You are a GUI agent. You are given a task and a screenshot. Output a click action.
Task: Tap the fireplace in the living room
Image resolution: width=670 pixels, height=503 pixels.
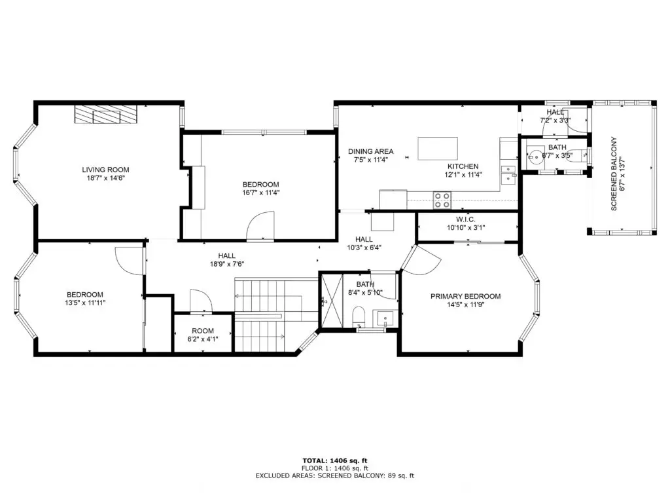[x=107, y=114]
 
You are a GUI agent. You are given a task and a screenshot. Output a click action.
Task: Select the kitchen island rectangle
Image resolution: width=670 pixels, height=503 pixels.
[x=438, y=149]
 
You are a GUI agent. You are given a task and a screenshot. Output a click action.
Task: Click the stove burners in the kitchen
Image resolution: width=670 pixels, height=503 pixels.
[x=442, y=200]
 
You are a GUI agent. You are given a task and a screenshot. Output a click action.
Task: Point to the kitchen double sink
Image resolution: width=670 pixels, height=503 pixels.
[x=508, y=174]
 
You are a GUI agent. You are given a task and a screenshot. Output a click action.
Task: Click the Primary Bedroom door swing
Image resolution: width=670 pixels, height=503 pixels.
[x=421, y=259]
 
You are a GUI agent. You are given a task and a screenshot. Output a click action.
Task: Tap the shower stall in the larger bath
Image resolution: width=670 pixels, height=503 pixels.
[x=332, y=301]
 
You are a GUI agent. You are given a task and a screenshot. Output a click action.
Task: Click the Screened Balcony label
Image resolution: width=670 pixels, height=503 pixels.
[x=614, y=174]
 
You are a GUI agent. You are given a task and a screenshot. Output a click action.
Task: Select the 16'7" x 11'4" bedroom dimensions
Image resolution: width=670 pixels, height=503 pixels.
[x=260, y=193]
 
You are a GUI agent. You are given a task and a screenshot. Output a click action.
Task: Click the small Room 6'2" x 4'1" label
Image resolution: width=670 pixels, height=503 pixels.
[x=203, y=335]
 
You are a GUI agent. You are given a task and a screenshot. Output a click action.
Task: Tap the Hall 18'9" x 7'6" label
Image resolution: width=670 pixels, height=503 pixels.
[x=227, y=260]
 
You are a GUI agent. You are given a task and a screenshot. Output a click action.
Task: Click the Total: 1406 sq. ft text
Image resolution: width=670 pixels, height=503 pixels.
[x=335, y=460]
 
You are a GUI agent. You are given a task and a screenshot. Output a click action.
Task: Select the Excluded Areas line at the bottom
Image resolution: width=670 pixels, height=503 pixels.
[x=335, y=475]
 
